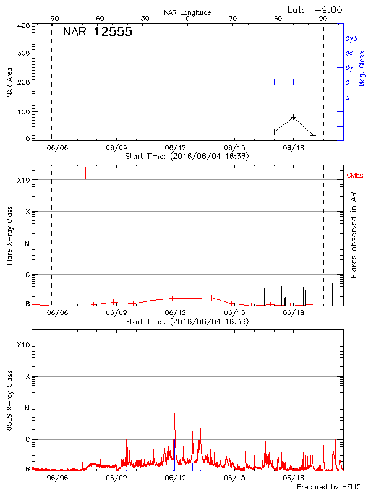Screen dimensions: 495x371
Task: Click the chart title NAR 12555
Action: pyautogui.click(x=98, y=33)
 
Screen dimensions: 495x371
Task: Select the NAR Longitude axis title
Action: pyautogui.click(x=187, y=12)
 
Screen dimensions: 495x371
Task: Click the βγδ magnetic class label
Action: pyautogui.click(x=351, y=38)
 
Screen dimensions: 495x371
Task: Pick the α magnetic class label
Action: pyautogui.click(x=348, y=97)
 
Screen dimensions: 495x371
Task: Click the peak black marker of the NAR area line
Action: pyautogui.click(x=294, y=117)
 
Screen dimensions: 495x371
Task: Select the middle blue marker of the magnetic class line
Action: pyautogui.click(x=294, y=82)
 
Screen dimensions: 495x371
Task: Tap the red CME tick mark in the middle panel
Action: pyautogui.click(x=85, y=173)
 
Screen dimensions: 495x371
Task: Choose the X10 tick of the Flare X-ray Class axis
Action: pyautogui.click(x=23, y=180)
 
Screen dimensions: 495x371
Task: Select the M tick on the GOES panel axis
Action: pyautogui.click(x=27, y=408)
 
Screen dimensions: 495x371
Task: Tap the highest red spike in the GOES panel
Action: pyautogui.click(x=174, y=415)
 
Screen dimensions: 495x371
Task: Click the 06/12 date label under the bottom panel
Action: pyautogui.click(x=176, y=478)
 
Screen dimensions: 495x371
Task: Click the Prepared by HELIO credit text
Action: pyautogui.click(x=329, y=487)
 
